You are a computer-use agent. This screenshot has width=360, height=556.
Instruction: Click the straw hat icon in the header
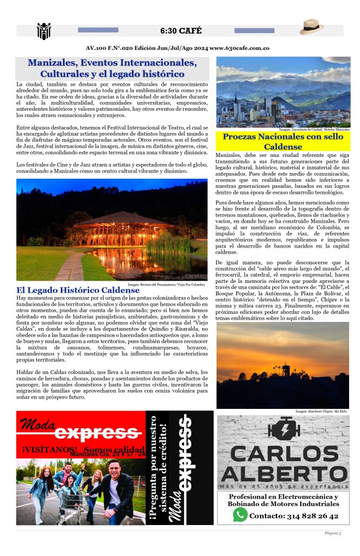pos(312,27)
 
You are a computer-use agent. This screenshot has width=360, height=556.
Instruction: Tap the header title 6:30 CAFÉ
pos(179,30)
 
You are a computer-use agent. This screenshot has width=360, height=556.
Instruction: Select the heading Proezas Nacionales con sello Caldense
pos(282,142)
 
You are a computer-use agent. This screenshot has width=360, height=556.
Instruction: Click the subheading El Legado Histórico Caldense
pos(78,290)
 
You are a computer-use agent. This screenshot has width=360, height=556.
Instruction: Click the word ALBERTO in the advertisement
pos(283,472)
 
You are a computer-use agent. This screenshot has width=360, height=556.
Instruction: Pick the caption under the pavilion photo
pos(167,284)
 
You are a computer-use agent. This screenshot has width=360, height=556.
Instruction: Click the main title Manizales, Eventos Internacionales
pos(112,68)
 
